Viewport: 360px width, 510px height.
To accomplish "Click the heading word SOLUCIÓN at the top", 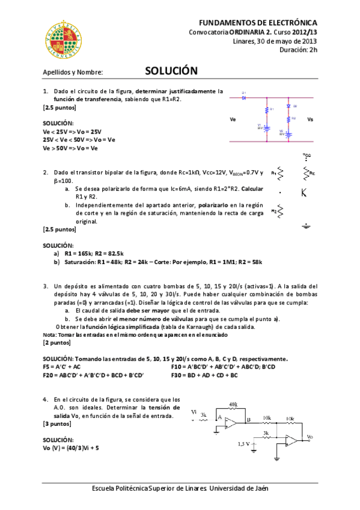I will point(171,70).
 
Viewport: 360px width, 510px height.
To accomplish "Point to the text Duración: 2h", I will point(298,50).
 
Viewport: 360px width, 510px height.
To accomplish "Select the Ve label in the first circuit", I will point(233,120).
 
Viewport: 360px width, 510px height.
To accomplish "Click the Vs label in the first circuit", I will point(310,120).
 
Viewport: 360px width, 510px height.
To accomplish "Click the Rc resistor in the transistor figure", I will point(305,173).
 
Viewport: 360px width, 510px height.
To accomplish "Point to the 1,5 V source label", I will point(244,444).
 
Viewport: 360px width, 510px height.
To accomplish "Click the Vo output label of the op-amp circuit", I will point(309,437).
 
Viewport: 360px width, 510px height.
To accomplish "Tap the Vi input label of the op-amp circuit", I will point(194,411).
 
